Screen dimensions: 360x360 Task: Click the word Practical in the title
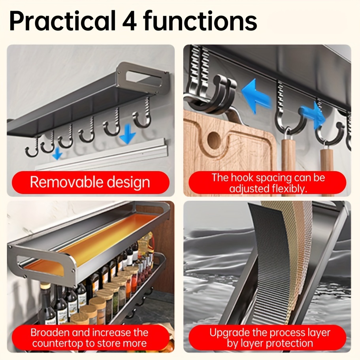(62, 21)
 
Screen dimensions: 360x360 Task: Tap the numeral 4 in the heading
(130, 21)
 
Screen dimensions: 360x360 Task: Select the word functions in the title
(200, 21)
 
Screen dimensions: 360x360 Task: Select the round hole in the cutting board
(214, 139)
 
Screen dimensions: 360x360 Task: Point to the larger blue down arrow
(128, 134)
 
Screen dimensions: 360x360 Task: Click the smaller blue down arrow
(57, 153)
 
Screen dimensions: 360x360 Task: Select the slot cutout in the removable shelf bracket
(144, 79)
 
